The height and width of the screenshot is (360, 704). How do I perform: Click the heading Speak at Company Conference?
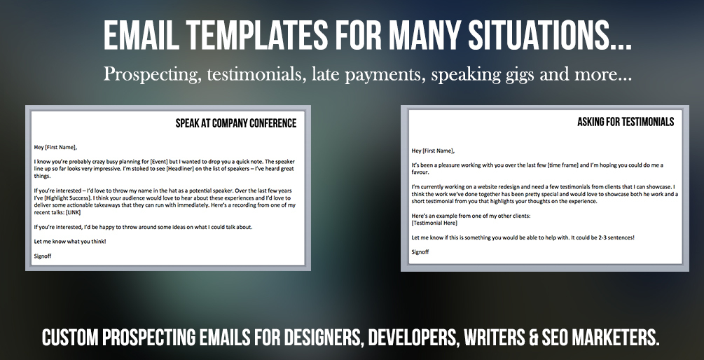click(x=235, y=123)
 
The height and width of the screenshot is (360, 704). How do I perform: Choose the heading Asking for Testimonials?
click(x=626, y=122)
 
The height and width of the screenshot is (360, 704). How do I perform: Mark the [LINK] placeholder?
click(x=73, y=212)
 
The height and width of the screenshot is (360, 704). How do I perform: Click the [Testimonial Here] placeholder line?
click(x=434, y=223)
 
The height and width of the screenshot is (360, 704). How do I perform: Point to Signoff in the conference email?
click(x=43, y=256)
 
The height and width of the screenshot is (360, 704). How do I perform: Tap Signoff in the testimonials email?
click(x=420, y=252)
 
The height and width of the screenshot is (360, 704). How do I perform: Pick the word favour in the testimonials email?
click(x=421, y=172)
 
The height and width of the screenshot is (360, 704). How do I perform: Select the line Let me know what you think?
click(x=70, y=242)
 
